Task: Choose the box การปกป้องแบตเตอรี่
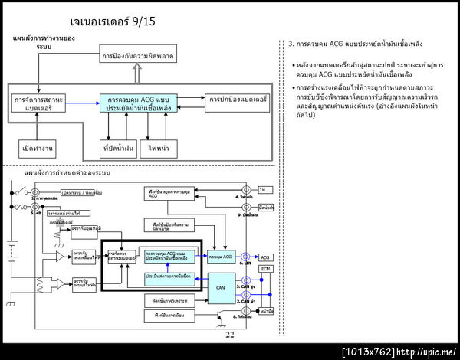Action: click(236, 100)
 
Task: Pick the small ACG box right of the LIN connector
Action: click(265, 258)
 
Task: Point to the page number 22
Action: click(230, 335)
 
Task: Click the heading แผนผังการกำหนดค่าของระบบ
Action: click(67, 174)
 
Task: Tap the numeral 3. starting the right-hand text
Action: click(291, 44)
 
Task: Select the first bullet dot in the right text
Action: click(295, 64)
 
